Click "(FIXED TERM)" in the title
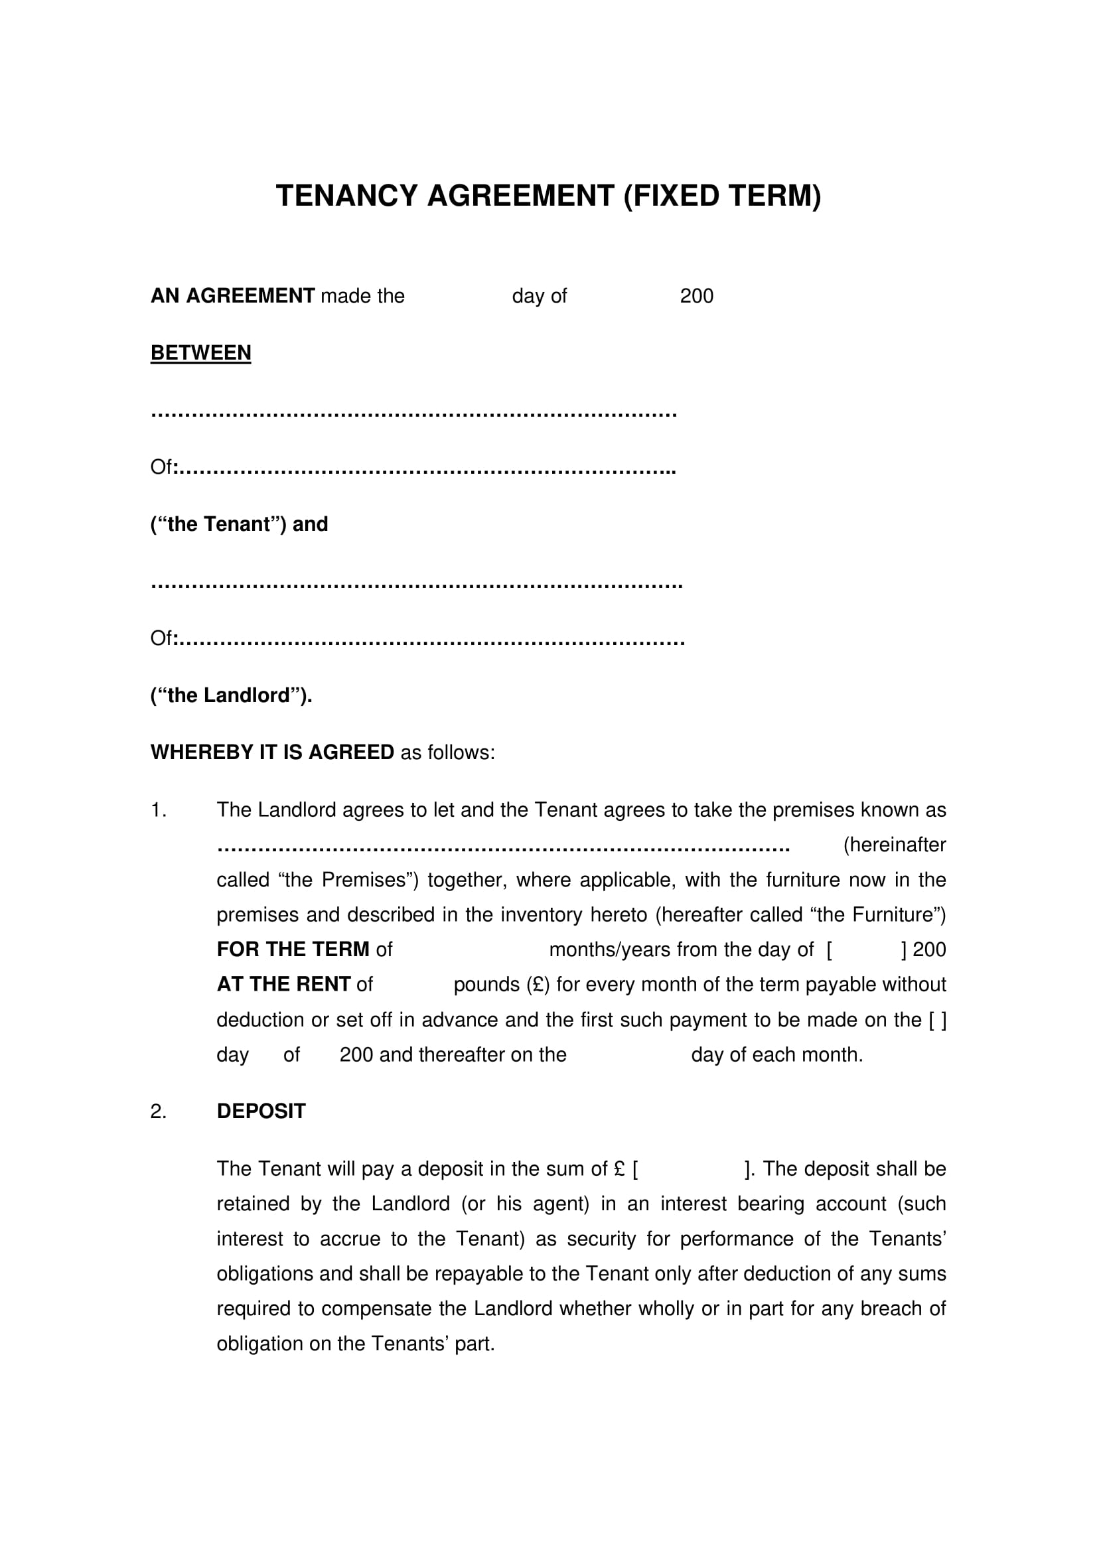(x=721, y=196)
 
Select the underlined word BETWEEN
(x=200, y=353)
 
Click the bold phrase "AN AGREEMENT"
(x=232, y=296)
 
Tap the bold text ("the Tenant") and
(x=239, y=524)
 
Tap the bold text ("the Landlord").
(x=231, y=695)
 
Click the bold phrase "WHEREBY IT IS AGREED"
(x=271, y=752)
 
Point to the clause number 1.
(x=158, y=810)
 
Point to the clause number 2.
(x=158, y=1111)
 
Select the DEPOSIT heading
(x=261, y=1111)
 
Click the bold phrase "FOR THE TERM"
(x=293, y=950)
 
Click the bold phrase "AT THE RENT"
(x=283, y=984)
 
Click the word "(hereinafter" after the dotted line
(x=893, y=845)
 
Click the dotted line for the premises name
(x=503, y=847)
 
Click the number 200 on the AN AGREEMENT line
(x=696, y=296)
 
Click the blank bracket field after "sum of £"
(x=691, y=1168)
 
